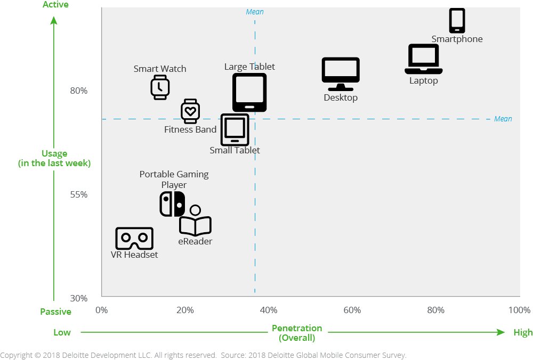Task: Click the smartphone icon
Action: [x=457, y=21]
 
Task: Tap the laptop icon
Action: [x=424, y=59]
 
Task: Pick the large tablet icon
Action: [x=249, y=92]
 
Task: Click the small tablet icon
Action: [x=235, y=129]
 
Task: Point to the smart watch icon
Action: [x=160, y=87]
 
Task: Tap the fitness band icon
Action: [x=190, y=111]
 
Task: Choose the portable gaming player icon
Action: [x=172, y=204]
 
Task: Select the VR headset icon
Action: [x=134, y=239]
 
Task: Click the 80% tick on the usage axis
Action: [x=79, y=91]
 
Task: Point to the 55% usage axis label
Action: [x=79, y=194]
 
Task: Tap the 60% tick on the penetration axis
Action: [x=352, y=310]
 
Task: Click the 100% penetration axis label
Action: [x=519, y=310]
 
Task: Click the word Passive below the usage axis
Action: [x=56, y=312]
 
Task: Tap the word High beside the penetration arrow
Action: [x=523, y=332]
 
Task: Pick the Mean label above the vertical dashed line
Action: [x=255, y=12]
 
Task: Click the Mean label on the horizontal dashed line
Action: [x=503, y=119]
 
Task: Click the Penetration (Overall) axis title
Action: [x=297, y=333]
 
